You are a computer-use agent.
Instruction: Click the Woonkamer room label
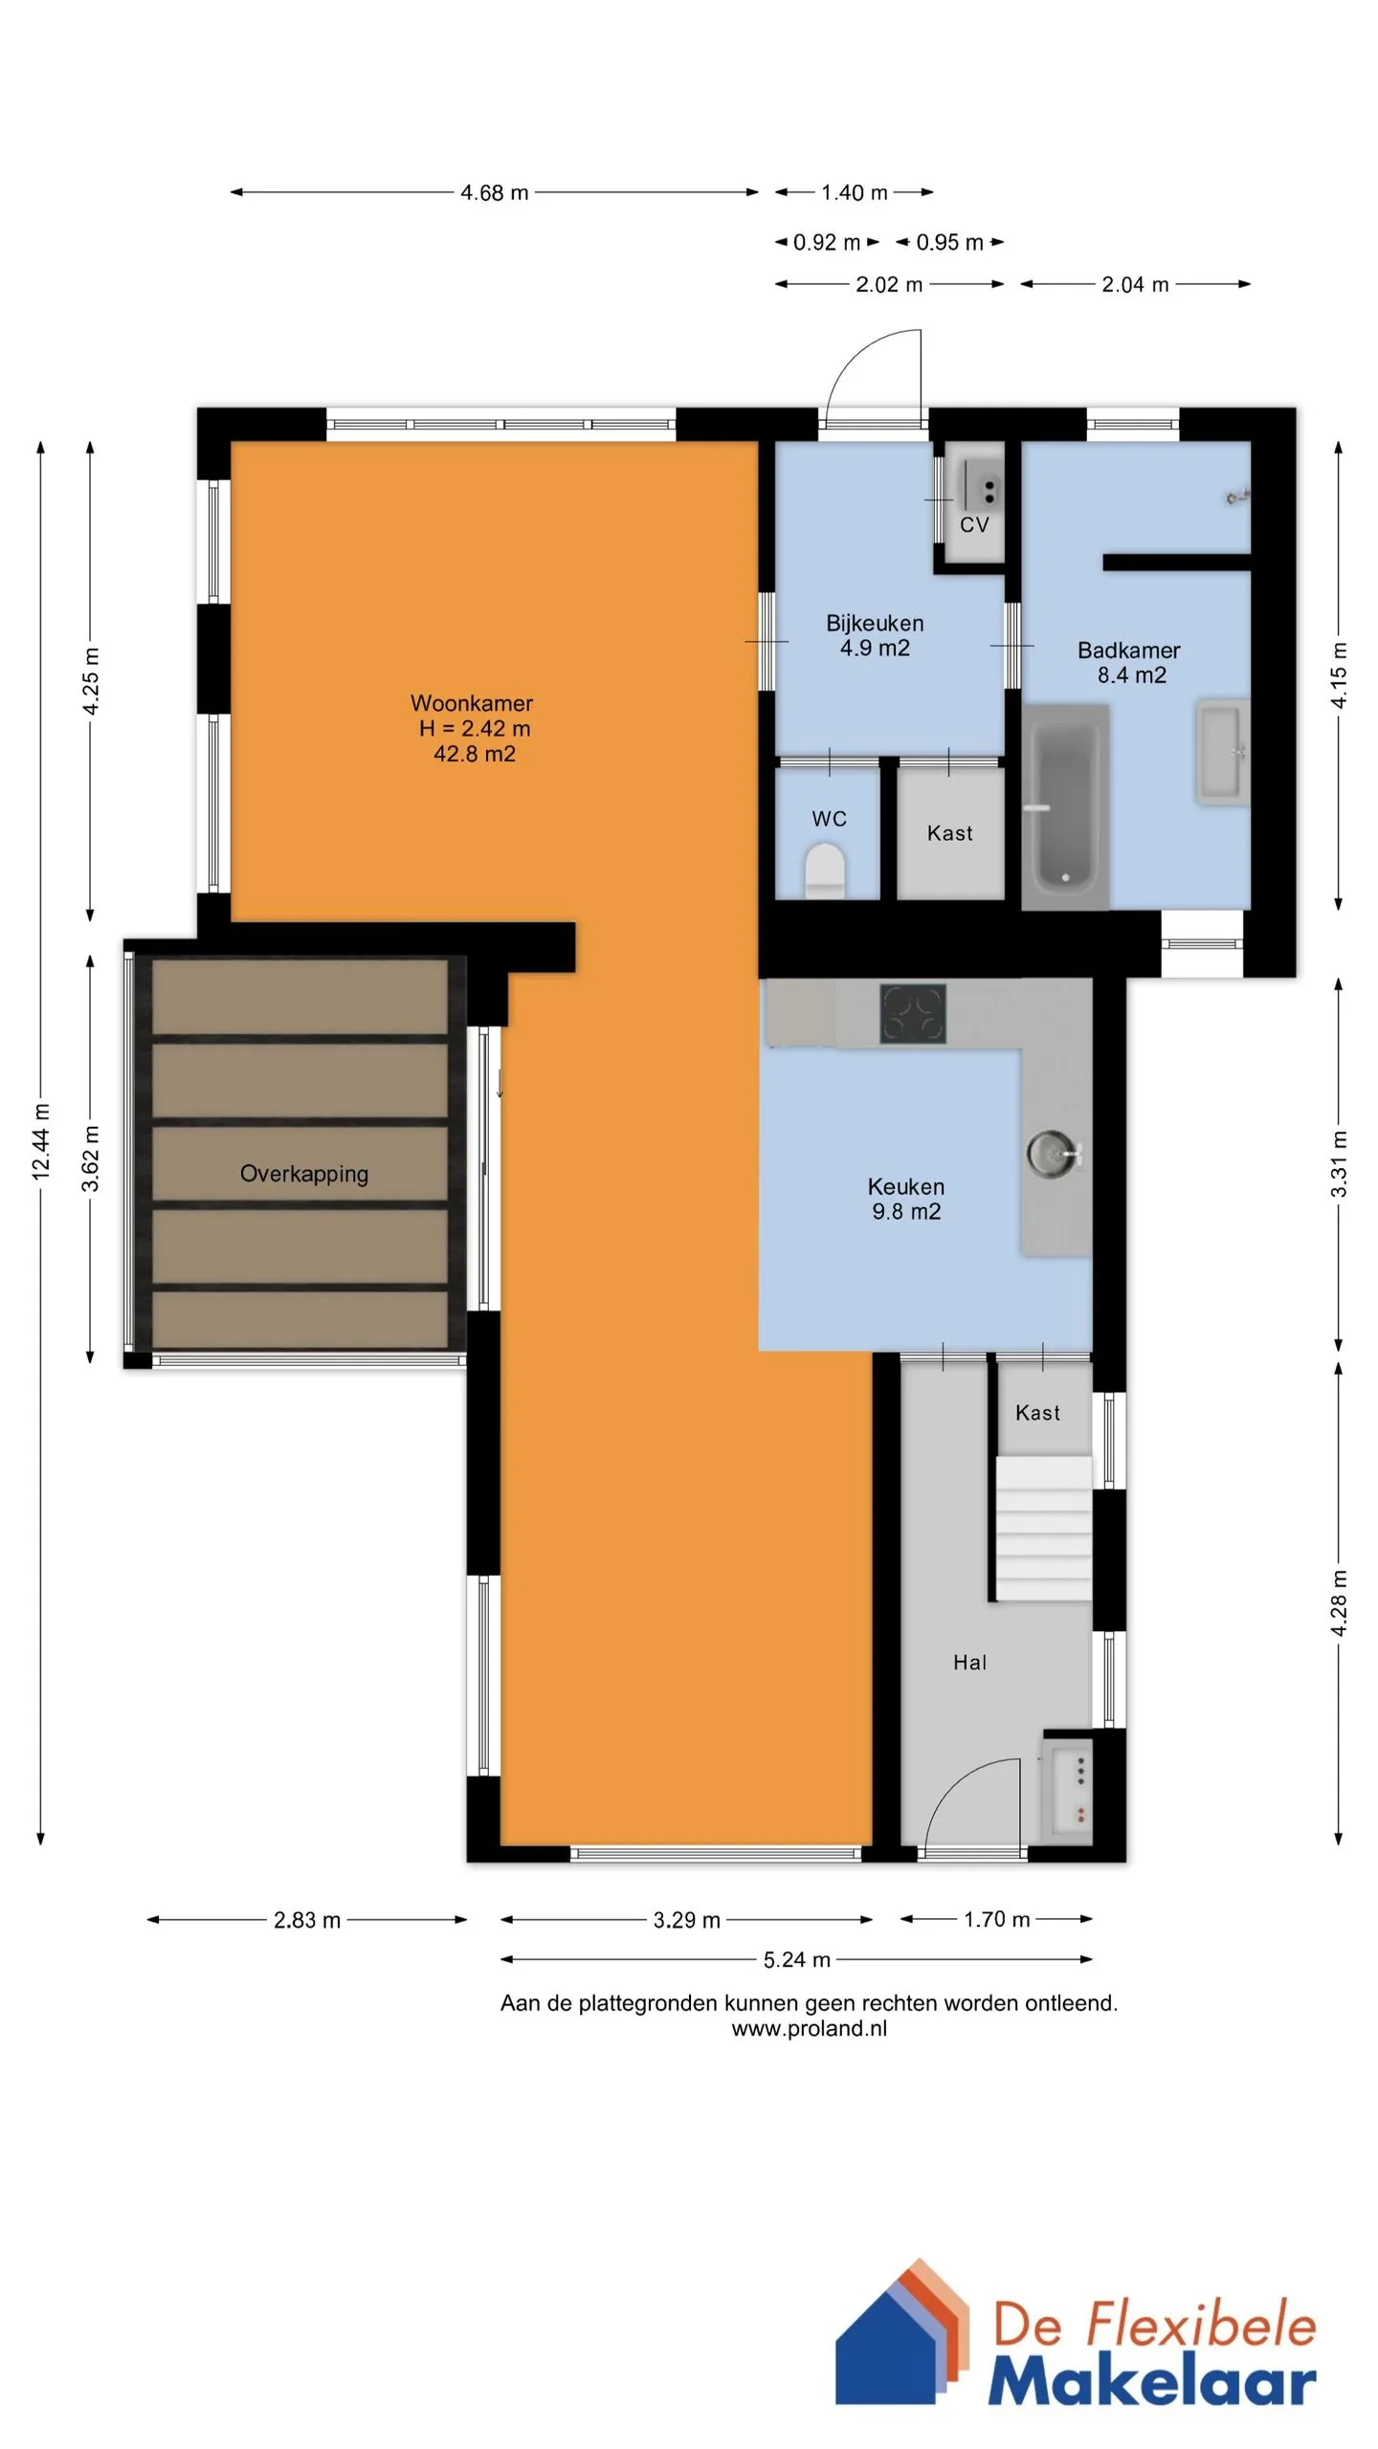pos(472,703)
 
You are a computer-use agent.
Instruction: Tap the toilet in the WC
pos(824,870)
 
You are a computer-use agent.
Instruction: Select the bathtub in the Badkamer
pos(1065,806)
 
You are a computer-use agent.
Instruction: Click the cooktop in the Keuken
pos(913,1014)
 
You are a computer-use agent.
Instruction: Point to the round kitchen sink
pos(1051,1152)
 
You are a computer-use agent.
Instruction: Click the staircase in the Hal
pos(1043,1528)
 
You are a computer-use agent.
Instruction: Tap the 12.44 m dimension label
pos(41,1141)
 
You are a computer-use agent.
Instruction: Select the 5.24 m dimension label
pos(796,1960)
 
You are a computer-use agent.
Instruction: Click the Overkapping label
pos(304,1174)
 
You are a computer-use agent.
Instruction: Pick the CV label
pos(974,524)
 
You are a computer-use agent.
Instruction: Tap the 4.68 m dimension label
pos(494,192)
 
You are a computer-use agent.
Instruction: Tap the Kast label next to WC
pos(949,833)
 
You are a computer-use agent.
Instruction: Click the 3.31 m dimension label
pos(1339,1164)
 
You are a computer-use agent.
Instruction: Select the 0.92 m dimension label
pos(827,243)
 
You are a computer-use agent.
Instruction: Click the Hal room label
pos(969,1663)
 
